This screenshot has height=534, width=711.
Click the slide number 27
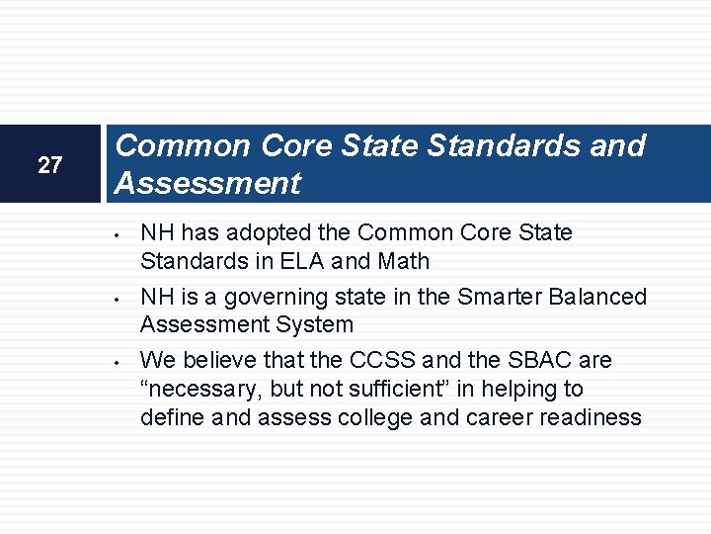pyautogui.click(x=49, y=165)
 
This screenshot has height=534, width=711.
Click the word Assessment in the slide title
pyautogui.click(x=207, y=183)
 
